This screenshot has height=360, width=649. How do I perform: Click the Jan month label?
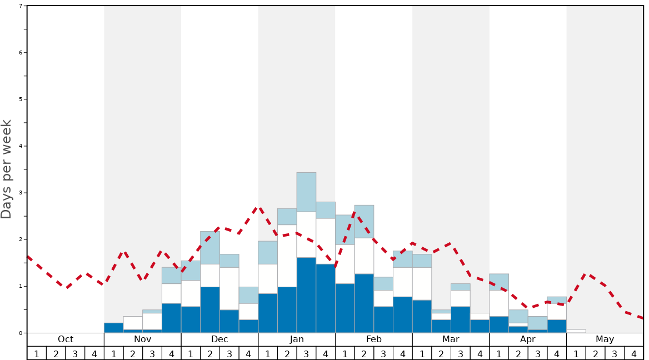click(297, 339)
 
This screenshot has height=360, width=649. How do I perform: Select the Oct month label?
click(66, 339)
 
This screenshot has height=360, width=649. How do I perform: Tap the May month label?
click(605, 339)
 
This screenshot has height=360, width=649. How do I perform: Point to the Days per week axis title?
click(7, 169)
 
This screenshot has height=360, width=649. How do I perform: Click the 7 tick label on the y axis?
click(21, 6)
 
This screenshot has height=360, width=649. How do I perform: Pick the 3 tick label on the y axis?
click(21, 193)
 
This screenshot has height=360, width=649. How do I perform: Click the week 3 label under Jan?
click(306, 353)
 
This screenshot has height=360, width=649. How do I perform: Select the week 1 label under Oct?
click(37, 353)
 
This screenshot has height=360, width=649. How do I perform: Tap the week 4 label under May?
click(633, 353)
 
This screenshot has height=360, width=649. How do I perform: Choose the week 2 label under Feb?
click(364, 353)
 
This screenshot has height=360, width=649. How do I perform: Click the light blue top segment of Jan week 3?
click(306, 192)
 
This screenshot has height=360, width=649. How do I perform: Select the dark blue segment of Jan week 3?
click(306, 295)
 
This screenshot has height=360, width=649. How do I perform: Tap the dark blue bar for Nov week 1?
click(113, 328)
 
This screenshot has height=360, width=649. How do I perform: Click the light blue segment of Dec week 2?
click(210, 247)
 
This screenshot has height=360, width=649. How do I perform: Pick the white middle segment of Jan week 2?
click(287, 256)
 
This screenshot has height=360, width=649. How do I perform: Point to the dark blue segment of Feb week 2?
click(364, 303)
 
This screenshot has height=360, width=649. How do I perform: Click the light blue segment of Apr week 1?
click(499, 282)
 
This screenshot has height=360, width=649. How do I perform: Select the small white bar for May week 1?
click(576, 331)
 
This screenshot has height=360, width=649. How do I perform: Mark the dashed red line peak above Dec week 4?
click(258, 207)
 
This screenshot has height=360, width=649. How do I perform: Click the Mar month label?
click(451, 339)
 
